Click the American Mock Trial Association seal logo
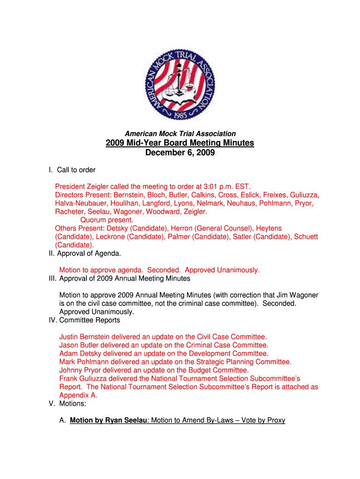(x=180, y=84)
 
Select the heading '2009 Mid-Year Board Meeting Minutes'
(x=180, y=143)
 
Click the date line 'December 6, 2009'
(x=180, y=153)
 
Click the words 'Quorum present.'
(x=107, y=220)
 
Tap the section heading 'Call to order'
(x=76, y=170)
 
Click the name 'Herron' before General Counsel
(x=182, y=228)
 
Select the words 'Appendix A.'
(x=75, y=395)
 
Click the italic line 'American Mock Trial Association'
(x=180, y=134)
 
